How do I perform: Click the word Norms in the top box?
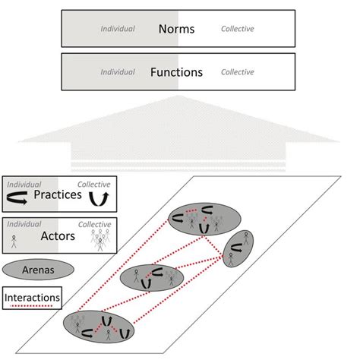coord(177,30)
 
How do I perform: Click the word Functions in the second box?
coord(177,73)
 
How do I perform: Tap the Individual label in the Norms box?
coord(118,30)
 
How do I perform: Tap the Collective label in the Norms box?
coord(237,30)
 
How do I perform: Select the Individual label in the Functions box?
coord(118,73)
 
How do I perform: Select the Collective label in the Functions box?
coord(237,73)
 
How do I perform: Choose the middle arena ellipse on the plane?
coord(153,279)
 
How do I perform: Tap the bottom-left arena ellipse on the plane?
coord(99,327)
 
